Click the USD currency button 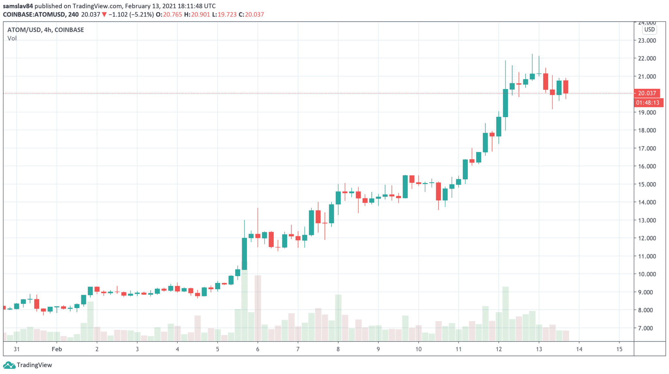pos(649,29)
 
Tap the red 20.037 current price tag pos(646,93)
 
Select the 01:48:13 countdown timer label pos(648,103)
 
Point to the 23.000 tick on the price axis pos(647,40)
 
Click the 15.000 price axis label pos(647,184)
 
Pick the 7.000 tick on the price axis pos(647,328)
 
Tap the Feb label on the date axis pos(57,349)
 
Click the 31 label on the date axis pos(17,349)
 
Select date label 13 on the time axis pos(539,349)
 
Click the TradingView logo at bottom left pos(27,365)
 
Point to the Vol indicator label pos(12,38)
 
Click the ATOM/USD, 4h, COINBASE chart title pos(45,30)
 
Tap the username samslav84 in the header pos(18,6)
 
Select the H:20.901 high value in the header pos(197,14)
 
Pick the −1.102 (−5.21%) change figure pos(131,14)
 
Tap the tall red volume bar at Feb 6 pos(258,308)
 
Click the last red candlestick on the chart pos(565,87)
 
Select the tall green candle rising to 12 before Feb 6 pos(244,254)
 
